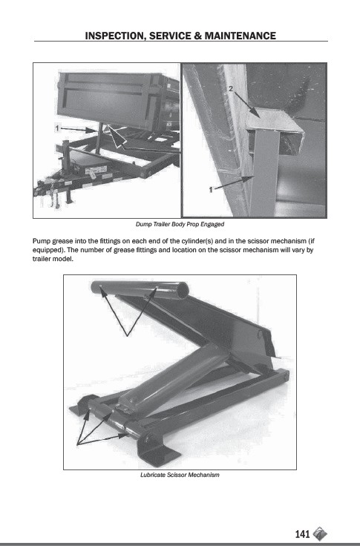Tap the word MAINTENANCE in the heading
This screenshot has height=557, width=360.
(240, 36)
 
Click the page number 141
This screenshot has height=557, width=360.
(302, 534)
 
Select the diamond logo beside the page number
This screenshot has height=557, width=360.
(320, 533)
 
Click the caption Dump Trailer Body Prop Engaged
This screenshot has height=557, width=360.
(180, 224)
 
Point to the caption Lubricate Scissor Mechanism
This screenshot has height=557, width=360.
(180, 475)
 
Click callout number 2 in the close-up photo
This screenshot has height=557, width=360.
(231, 89)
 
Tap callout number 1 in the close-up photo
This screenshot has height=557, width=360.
(210, 190)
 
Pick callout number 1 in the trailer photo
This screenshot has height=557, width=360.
(56, 128)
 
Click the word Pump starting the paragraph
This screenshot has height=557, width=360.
(42, 241)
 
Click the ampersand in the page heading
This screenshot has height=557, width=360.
(197, 36)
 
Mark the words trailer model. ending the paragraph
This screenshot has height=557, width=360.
(53, 259)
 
